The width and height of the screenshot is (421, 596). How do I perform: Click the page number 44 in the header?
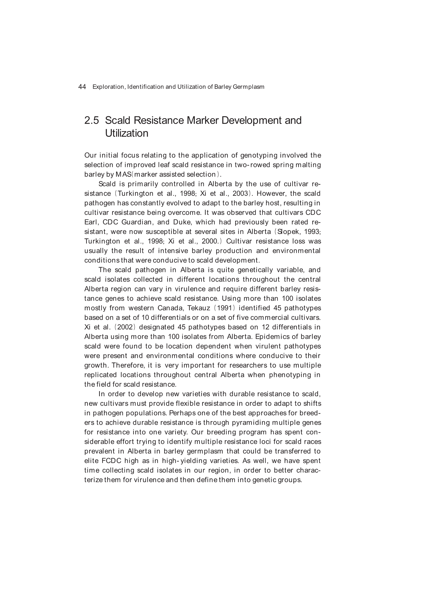(82, 87)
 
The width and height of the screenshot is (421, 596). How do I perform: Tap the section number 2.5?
(92, 120)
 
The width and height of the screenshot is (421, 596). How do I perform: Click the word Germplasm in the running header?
(249, 87)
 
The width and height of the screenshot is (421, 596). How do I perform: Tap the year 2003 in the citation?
(240, 193)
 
